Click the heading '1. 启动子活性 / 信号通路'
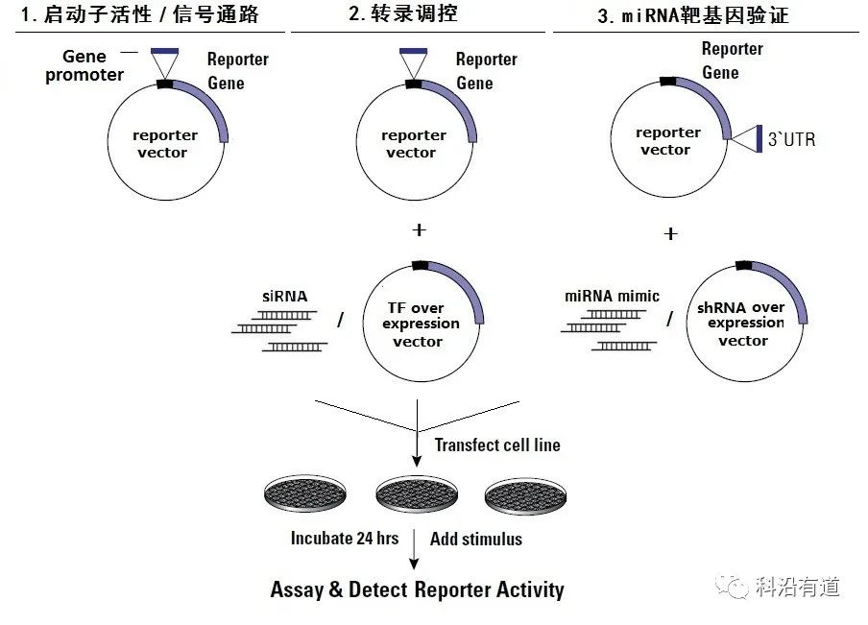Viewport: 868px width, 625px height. pos(139,14)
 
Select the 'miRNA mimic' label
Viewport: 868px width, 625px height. pos(612,296)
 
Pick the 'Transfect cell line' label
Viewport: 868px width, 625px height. pos(497,445)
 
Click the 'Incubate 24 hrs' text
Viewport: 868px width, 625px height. pos(344,538)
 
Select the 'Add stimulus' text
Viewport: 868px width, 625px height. pos(476,539)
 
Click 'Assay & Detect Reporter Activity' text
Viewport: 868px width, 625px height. pos(417,589)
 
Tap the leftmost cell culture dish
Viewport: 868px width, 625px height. pos(304,493)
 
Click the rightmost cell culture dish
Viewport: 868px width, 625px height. pos(526,493)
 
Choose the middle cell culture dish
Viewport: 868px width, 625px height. pos(416,493)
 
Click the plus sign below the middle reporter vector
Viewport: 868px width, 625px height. pos(418,229)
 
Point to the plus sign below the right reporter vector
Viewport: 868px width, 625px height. pos(670,233)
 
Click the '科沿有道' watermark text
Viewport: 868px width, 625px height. pos(798,587)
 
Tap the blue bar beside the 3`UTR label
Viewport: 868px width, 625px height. pos(759,138)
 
